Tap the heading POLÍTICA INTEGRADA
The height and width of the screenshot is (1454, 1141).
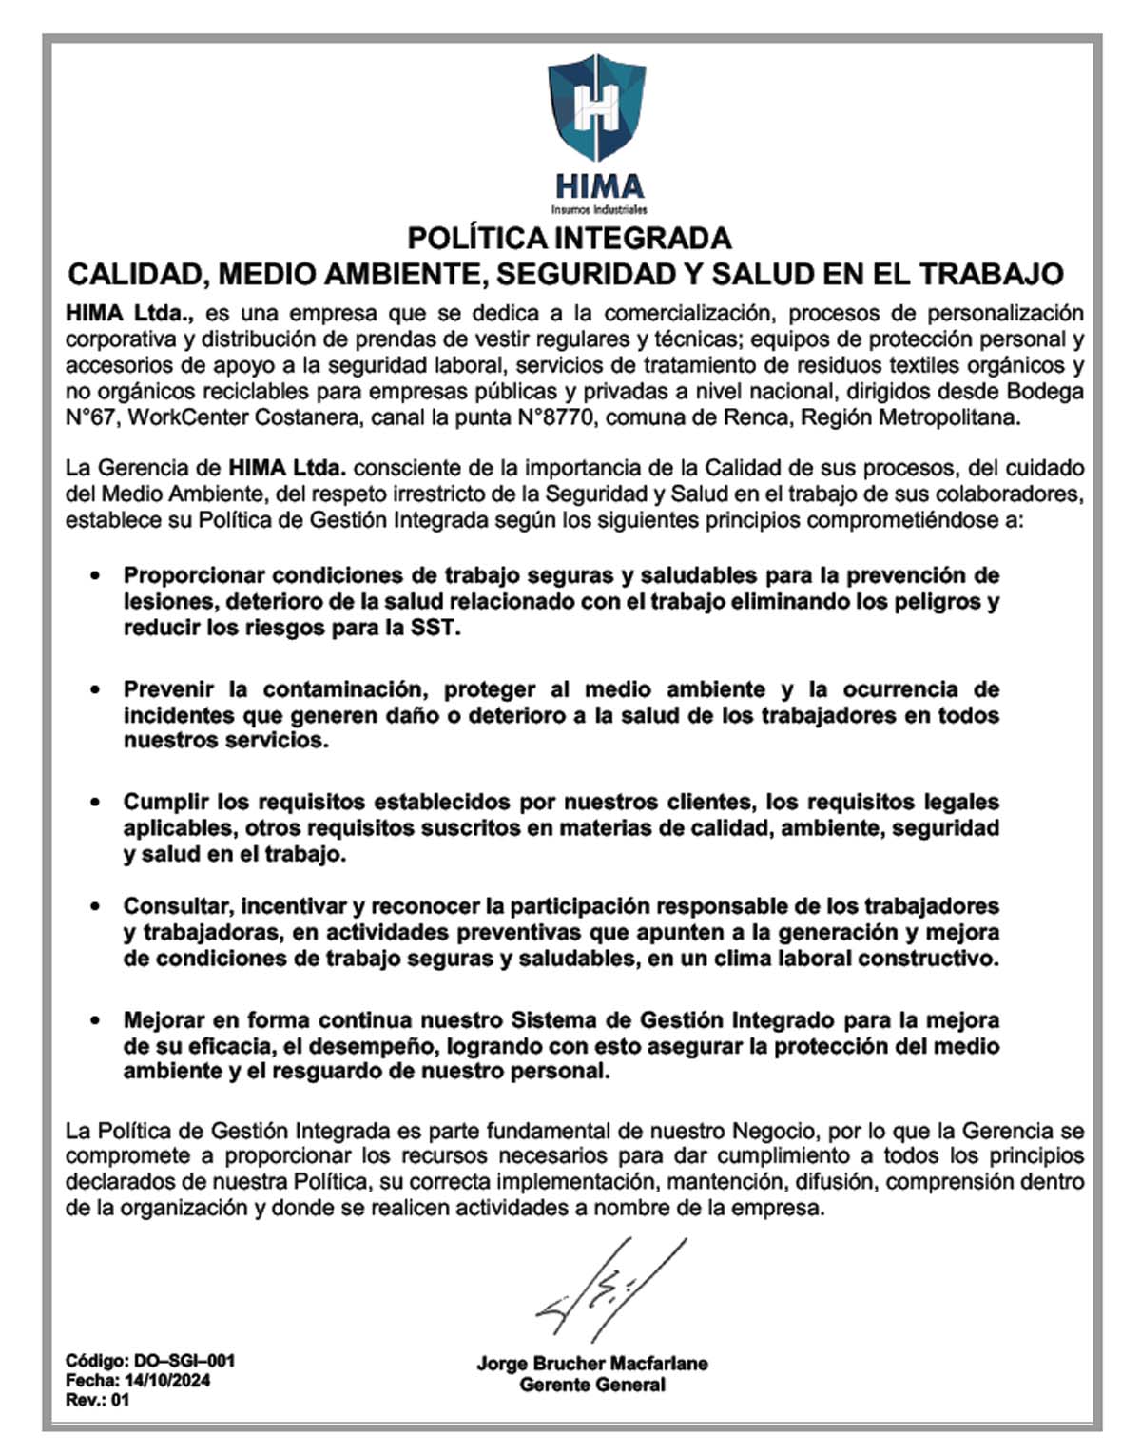pyautogui.click(x=569, y=238)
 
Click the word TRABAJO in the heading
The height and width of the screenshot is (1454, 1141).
pyautogui.click(x=991, y=275)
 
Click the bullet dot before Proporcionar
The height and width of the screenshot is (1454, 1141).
pyautogui.click(x=94, y=576)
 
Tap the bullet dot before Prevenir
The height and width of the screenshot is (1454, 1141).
pyautogui.click(x=94, y=689)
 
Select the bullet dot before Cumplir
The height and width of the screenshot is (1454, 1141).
pyautogui.click(x=94, y=803)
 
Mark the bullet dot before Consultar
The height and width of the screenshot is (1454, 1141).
pyautogui.click(x=94, y=906)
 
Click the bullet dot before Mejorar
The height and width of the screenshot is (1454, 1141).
pyautogui.click(x=94, y=1020)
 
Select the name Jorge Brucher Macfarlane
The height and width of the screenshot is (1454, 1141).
pyautogui.click(x=591, y=1364)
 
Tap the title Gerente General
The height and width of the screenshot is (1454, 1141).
pyautogui.click(x=591, y=1385)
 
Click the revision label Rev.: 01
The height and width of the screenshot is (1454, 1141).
pyautogui.click(x=97, y=1401)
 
